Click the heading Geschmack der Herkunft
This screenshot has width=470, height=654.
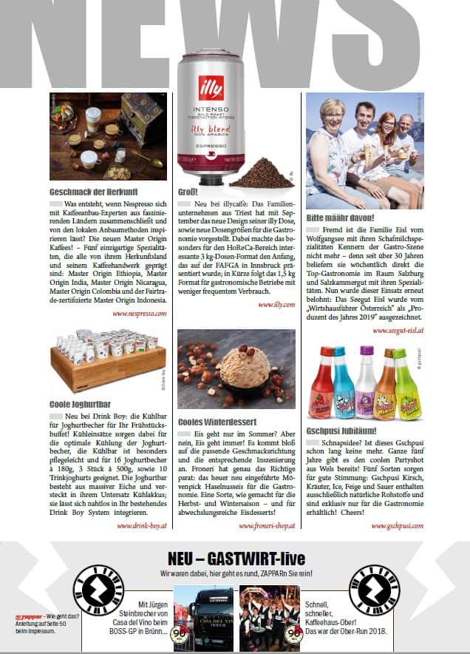coord(86,190)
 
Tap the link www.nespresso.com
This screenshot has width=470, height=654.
coord(139,314)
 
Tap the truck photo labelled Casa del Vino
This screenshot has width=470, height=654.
coord(202,617)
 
